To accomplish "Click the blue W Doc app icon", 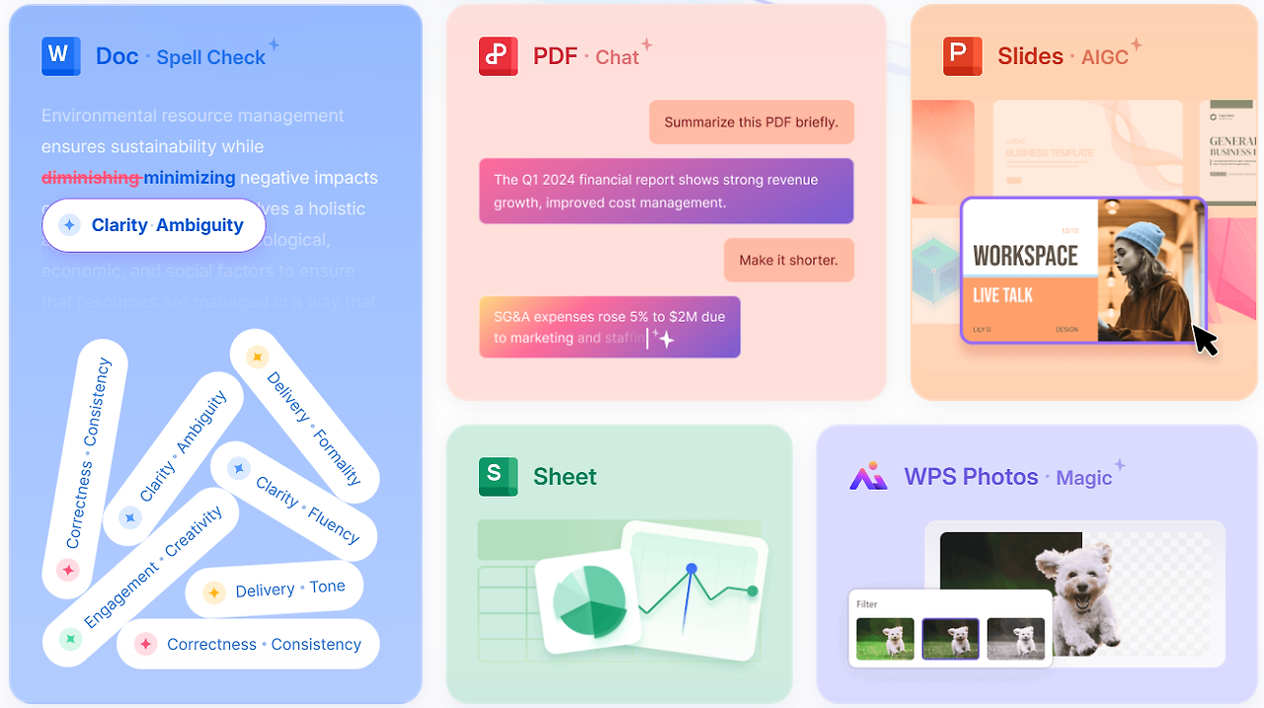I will pyautogui.click(x=60, y=55).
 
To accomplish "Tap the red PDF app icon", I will pyautogui.click(x=498, y=55).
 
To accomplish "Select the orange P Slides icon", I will pyautogui.click(x=962, y=55).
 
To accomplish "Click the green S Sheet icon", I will pyautogui.click(x=498, y=476).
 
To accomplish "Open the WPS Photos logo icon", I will pyautogui.click(x=868, y=477).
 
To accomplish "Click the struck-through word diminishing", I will pyautogui.click(x=91, y=178).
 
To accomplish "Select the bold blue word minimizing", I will pyautogui.click(x=190, y=178).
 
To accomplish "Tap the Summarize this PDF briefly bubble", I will pyautogui.click(x=750, y=122).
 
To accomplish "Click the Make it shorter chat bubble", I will pyautogui.click(x=788, y=260).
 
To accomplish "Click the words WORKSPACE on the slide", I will pyautogui.click(x=1025, y=256).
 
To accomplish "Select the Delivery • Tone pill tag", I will pyautogui.click(x=275, y=590).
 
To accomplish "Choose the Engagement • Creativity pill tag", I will pyautogui.click(x=141, y=575).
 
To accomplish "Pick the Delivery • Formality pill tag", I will pyautogui.click(x=305, y=416).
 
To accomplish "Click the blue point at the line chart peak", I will pyautogui.click(x=691, y=569).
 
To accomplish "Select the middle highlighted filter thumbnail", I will pyautogui.click(x=950, y=638).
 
